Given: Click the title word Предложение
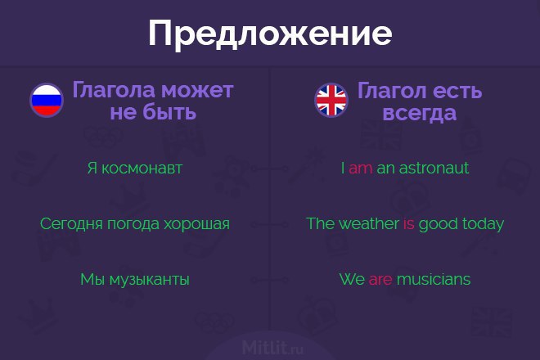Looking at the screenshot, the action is coord(270,34).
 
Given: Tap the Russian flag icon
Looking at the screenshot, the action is coord(47,100).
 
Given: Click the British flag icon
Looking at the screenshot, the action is coord(331,100).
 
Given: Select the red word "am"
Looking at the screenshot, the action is coord(360,169).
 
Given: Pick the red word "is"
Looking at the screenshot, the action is coord(408,224).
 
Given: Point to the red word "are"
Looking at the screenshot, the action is coord(380,279).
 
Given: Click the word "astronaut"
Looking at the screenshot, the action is coord(434,168).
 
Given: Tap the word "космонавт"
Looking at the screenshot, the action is coord(142,169).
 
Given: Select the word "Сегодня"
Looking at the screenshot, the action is coord(71,224).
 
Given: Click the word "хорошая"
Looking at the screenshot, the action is coord(196,224).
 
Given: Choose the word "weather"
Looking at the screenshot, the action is coord(368,223).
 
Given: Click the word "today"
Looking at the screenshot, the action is coord(483,224).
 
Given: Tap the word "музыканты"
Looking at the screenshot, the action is coord(149,279).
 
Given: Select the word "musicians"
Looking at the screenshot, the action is coord(434,279).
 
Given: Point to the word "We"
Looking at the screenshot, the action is coord(352,279).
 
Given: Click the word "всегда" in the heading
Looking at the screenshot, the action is coord(420,113).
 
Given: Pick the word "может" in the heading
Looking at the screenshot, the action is coord(197,90).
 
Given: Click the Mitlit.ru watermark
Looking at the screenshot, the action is coord(272,347).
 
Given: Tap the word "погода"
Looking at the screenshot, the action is coord(133,224).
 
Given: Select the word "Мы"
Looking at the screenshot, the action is coord(92,279).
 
